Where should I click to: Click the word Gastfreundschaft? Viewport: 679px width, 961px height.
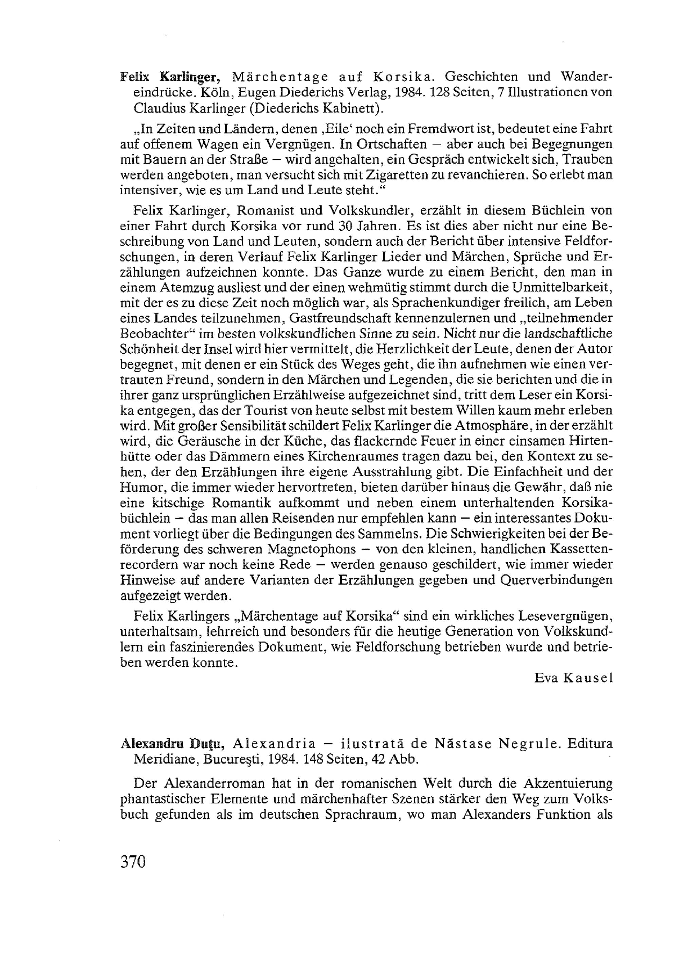tap(360, 318)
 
